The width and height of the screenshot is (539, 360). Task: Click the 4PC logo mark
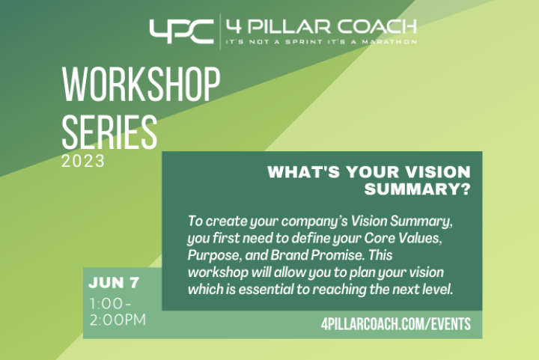pos(181,31)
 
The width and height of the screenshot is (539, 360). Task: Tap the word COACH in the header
pos(377,27)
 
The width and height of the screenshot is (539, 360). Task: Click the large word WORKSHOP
pos(141,84)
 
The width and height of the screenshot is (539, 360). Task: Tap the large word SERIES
pos(109,132)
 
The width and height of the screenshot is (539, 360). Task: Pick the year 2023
pos(83,161)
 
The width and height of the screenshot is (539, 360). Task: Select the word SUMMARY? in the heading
pos(417,189)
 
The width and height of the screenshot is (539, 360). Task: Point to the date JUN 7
pos(114,283)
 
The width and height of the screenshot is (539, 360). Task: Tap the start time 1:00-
pos(110,303)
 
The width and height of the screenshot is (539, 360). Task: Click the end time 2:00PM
pos(118,320)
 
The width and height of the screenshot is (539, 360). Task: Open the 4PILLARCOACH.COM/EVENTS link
pos(396,324)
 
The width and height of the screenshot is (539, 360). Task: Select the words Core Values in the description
pos(403,238)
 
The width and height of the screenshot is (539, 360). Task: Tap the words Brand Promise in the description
pos(317,255)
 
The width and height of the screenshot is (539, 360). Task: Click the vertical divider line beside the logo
pos(220,31)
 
